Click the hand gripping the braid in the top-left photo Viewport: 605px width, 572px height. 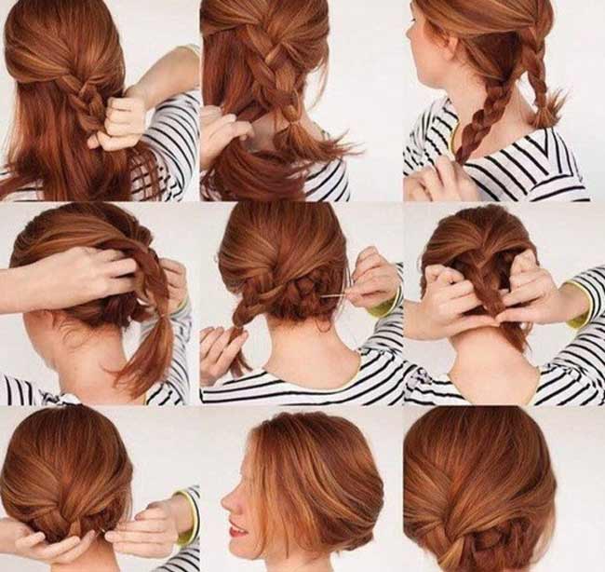(119, 121)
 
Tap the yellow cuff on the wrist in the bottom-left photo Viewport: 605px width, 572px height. (191, 517)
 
